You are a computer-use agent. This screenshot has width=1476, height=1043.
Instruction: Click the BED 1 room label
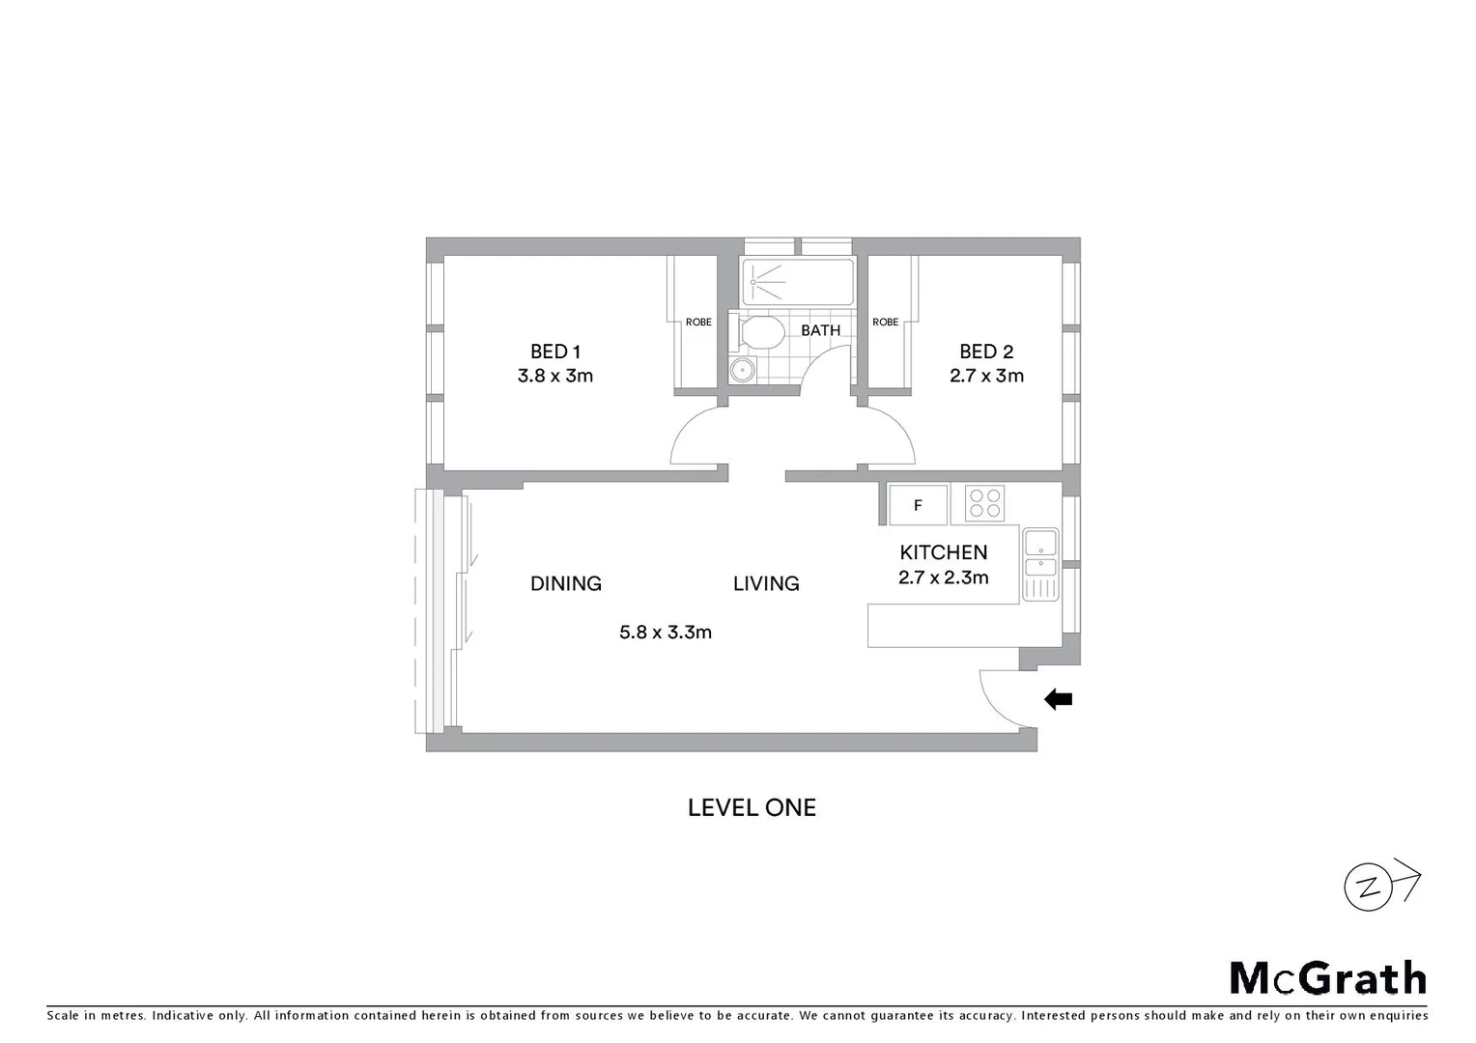[x=554, y=352]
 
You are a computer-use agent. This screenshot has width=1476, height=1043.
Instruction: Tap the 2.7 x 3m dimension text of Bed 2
[x=986, y=376]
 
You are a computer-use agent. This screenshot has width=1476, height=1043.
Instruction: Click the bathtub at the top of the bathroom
[x=798, y=282]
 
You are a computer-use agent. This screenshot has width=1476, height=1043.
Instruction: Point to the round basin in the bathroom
[x=742, y=369]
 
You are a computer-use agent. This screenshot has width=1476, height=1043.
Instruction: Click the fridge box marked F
[x=918, y=505]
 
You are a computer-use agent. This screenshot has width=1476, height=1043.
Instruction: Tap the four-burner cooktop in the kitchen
[x=985, y=503]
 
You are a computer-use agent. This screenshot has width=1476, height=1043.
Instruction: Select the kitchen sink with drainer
[x=1040, y=565]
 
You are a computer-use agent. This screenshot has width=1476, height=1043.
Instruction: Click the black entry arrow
[x=1059, y=699]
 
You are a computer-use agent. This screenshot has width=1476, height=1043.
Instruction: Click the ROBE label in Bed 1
[x=698, y=323]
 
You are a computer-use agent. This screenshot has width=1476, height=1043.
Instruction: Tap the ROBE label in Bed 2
[x=885, y=323]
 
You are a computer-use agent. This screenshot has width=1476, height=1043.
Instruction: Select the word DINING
[x=566, y=583]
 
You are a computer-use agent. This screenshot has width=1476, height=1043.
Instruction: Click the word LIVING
[x=766, y=583]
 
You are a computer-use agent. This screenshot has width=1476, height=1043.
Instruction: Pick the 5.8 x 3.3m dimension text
[x=666, y=633]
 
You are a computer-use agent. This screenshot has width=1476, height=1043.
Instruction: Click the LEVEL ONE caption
[x=752, y=807]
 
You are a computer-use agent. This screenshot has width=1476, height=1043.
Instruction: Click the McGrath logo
[x=1327, y=978]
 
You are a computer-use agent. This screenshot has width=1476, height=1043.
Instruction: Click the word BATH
[x=820, y=330]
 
